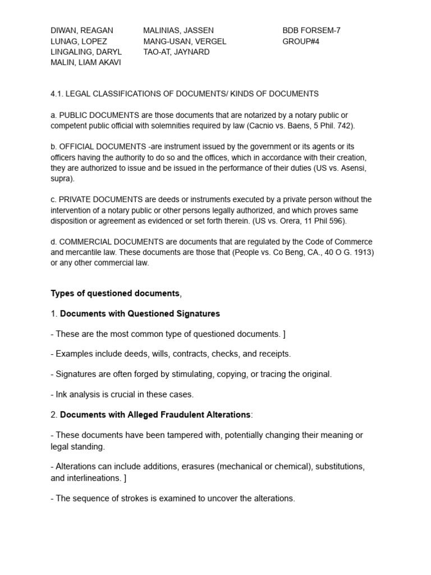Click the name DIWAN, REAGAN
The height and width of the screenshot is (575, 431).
[82, 30]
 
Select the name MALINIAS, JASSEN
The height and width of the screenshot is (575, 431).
[178, 30]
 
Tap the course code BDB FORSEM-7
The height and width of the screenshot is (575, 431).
[311, 30]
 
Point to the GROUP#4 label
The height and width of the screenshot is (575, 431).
[301, 41]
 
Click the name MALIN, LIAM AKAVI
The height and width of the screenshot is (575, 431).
[86, 62]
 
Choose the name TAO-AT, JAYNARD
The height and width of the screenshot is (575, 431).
[176, 52]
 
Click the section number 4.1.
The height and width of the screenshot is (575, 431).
[58, 94]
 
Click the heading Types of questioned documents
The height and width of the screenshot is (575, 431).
[115, 293]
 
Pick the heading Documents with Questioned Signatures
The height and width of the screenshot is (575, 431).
[140, 313]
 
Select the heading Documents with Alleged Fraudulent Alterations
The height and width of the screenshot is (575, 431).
[155, 414]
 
